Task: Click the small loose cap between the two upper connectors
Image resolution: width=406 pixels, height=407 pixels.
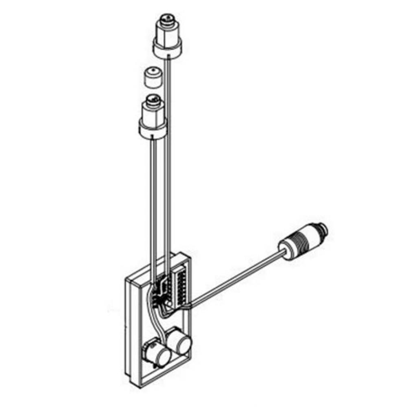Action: click(x=153, y=77)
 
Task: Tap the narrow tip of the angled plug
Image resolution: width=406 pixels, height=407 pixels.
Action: click(x=323, y=226)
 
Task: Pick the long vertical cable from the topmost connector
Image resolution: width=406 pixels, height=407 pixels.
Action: click(x=168, y=163)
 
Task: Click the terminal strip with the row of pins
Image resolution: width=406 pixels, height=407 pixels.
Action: click(x=179, y=285)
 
